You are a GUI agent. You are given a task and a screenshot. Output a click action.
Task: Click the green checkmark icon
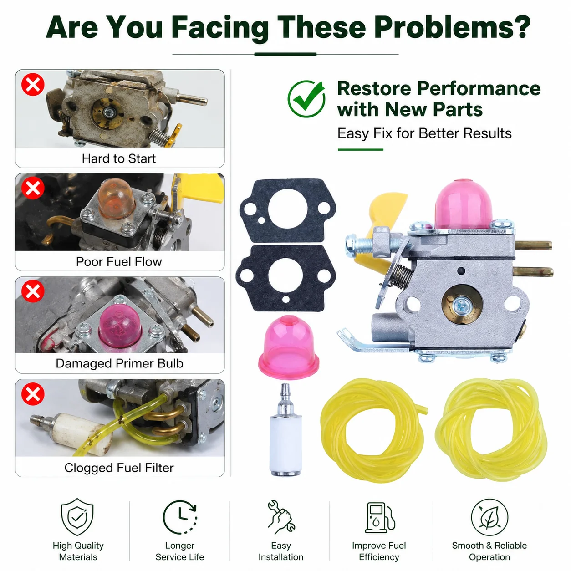tap(306, 99)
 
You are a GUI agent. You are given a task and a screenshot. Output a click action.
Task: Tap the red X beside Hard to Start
tap(33, 84)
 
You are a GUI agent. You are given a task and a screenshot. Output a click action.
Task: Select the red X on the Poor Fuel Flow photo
tap(33, 188)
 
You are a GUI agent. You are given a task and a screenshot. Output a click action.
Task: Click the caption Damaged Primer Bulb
tap(119, 363)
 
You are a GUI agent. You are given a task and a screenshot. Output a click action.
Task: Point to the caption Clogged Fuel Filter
tap(119, 468)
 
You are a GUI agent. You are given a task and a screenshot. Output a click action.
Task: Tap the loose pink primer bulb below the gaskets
tap(288, 346)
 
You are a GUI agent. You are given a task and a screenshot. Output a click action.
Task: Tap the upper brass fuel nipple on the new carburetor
tap(533, 245)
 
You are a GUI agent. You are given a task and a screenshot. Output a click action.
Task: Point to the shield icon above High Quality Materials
tap(77, 517)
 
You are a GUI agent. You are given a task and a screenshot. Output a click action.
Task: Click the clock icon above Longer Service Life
tap(180, 517)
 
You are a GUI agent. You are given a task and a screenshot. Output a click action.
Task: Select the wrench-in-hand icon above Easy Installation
tap(281, 517)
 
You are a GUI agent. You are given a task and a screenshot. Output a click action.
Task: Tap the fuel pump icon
tap(380, 517)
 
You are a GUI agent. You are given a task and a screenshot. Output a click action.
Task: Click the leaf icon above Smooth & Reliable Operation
tap(489, 517)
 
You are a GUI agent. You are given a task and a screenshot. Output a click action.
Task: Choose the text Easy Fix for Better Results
tap(424, 133)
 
